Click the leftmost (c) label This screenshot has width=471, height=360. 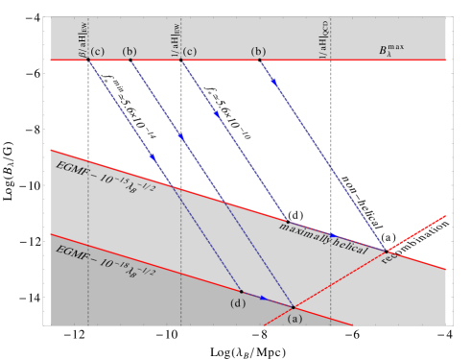[x=96, y=50]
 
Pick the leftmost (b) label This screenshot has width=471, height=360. [x=130, y=50]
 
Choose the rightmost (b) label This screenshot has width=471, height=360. [x=257, y=50]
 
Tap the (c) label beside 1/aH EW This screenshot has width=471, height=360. [x=190, y=50]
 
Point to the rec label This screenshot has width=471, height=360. [x=389, y=257]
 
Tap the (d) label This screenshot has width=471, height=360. [x=237, y=304]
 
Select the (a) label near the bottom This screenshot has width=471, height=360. [x=294, y=318]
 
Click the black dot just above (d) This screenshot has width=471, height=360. [x=241, y=291]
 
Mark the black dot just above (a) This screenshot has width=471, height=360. [x=293, y=306]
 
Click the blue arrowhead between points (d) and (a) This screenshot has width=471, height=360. [x=264, y=298]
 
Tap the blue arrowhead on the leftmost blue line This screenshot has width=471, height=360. [x=152, y=156]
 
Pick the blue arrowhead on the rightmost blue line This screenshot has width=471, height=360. [x=274, y=83]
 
